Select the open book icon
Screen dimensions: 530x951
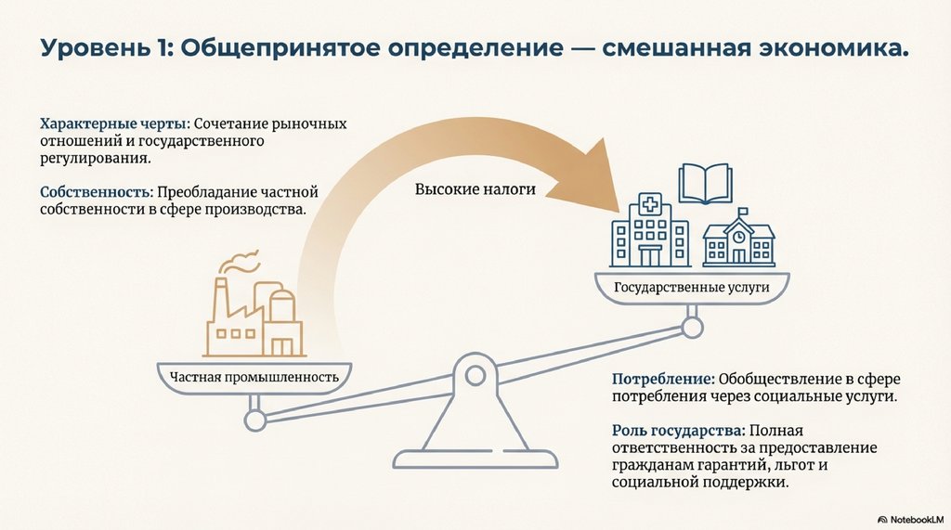pyautogui.click(x=707, y=185)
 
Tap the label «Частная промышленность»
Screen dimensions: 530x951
pyautogui.click(x=253, y=377)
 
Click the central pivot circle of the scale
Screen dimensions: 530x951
pyautogui.click(x=475, y=376)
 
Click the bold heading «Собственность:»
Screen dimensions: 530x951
pyautogui.click(x=97, y=192)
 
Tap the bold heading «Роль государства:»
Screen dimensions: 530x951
pyautogui.click(x=679, y=431)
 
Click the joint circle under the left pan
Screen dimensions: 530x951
pyautogui.click(x=254, y=420)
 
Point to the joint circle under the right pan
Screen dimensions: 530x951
pyautogui.click(x=691, y=327)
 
